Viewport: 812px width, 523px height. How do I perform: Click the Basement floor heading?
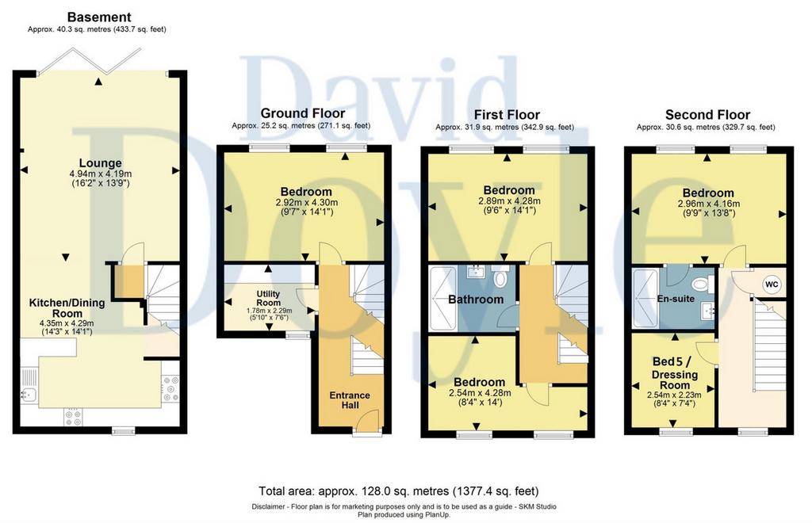(99, 17)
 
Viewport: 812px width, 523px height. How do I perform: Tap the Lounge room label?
(101, 163)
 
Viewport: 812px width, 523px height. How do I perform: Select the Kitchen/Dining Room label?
(67, 307)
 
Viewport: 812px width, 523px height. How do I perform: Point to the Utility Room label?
(268, 298)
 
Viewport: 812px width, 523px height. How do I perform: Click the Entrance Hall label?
(350, 400)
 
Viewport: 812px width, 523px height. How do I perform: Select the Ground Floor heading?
(302, 113)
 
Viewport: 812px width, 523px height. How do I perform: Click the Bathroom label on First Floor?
(476, 299)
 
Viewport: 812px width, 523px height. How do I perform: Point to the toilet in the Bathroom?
(500, 278)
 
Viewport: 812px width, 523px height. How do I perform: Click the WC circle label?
(772, 284)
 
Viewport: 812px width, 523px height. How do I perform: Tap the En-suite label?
(676, 299)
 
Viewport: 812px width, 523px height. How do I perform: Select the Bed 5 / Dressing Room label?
(674, 373)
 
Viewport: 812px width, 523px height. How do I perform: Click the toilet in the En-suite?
(702, 284)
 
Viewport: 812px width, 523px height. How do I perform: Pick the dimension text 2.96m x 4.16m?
(708, 204)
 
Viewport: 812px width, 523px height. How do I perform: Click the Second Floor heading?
(707, 115)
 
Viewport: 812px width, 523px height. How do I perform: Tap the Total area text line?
(399, 491)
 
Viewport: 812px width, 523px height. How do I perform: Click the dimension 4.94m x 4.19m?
(101, 174)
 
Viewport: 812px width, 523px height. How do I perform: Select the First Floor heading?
(507, 115)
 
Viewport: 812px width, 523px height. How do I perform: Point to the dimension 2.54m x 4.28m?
(480, 393)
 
